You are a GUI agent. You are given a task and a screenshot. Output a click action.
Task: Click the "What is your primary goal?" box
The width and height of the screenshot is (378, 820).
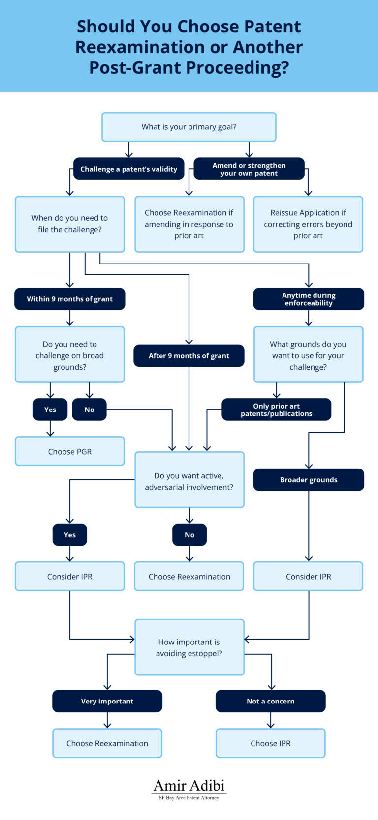pos(189,127)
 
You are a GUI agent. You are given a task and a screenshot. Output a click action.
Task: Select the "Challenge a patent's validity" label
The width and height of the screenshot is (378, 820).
pos(128,169)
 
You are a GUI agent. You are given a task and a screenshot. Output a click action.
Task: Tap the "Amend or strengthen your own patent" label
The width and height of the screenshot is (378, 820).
pos(249,169)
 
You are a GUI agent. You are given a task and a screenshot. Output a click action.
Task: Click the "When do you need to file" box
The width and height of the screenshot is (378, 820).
pos(70,224)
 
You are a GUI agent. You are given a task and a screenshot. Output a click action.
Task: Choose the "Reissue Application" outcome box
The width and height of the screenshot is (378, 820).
pos(308,224)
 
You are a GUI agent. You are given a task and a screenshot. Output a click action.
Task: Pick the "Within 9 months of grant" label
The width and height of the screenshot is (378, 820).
pos(70,299)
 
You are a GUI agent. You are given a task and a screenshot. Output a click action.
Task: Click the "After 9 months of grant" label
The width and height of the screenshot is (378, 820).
pos(189,356)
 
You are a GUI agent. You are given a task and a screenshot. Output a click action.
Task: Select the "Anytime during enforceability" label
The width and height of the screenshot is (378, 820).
pos(309,299)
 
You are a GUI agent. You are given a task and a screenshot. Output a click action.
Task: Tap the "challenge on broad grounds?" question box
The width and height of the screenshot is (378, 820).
pos(70,355)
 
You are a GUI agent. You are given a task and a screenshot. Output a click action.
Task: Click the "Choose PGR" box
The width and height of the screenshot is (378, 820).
pos(70,451)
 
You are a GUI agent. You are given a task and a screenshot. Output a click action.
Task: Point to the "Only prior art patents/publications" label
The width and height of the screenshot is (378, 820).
pos(276,410)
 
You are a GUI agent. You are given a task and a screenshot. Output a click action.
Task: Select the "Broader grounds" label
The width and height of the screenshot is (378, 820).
pos(309,480)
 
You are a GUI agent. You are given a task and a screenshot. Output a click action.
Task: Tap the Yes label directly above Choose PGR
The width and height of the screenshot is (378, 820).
pos(50,410)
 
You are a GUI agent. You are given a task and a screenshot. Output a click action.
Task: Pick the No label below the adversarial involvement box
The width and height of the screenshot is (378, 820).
pos(189,535)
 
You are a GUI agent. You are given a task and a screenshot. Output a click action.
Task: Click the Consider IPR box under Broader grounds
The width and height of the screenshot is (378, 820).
pos(309,576)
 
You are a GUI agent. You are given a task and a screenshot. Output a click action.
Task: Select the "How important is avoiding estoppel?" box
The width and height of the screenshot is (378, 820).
pos(189,647)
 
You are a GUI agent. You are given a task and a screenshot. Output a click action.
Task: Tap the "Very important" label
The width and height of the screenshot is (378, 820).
pos(107,701)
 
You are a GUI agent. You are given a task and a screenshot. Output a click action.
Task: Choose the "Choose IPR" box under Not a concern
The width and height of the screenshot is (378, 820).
pos(271,743)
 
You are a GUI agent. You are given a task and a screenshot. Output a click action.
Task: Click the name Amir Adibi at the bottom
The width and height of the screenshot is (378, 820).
pos(189,785)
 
